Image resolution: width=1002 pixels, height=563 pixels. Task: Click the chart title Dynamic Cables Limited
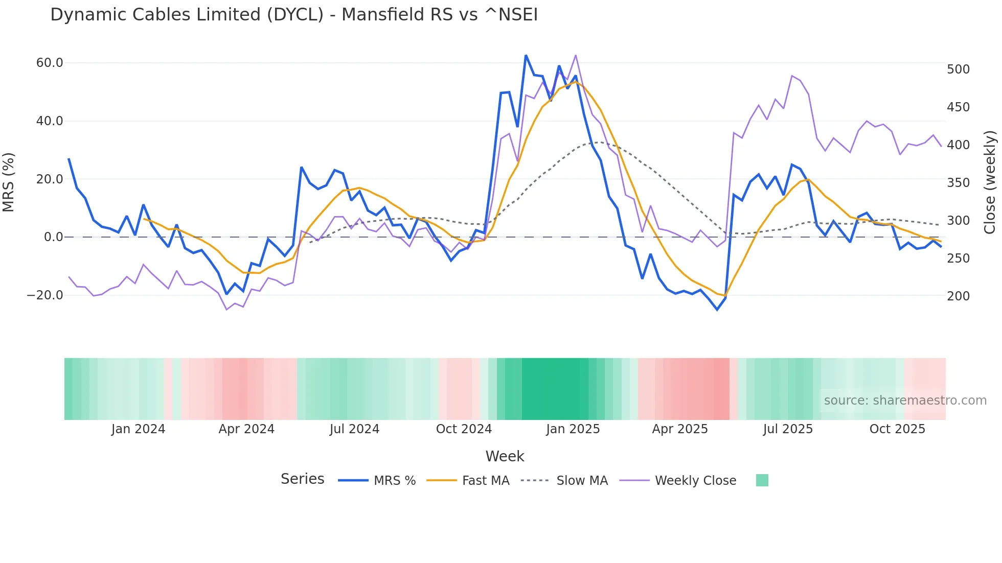tap(294, 15)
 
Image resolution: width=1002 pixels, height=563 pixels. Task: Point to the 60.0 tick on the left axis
tap(50, 63)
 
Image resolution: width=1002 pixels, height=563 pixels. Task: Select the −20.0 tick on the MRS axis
tap(45, 295)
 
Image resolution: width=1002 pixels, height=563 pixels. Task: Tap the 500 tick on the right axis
tap(958, 69)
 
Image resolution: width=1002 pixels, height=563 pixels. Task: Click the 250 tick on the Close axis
tap(958, 259)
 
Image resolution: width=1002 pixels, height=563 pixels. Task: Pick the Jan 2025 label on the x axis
tap(573, 429)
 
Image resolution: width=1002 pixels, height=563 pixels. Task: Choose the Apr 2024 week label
tap(246, 429)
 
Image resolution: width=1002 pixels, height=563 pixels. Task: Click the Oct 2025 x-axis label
tap(897, 429)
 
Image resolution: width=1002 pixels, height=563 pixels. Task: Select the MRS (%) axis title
tap(9, 182)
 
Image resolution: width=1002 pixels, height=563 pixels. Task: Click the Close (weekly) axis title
tap(990, 182)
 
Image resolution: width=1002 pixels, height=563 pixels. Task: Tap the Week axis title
tap(505, 456)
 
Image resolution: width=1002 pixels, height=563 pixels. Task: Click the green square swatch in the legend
tap(762, 480)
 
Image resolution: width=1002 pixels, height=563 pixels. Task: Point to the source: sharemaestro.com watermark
tap(905, 401)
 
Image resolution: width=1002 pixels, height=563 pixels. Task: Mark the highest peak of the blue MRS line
tap(526, 55)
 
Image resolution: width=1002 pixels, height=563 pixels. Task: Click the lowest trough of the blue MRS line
tap(717, 310)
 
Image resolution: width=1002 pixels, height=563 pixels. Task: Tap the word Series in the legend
tap(302, 479)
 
